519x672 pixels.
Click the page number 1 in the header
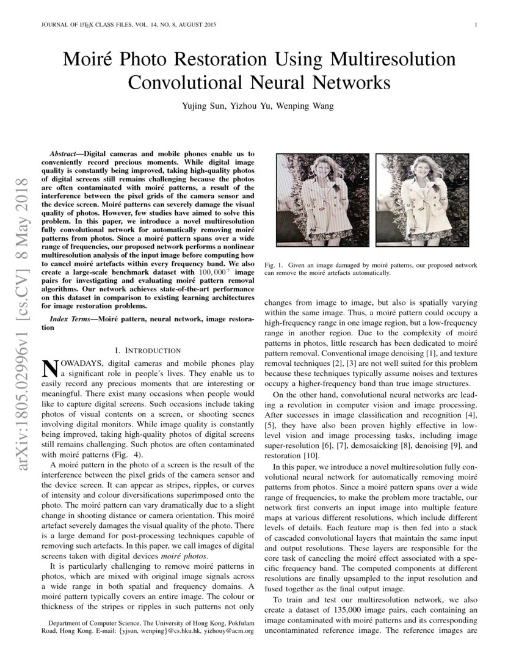[x=475, y=25]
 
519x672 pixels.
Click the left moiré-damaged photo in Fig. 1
[x=322, y=203]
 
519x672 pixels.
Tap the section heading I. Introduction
[x=148, y=350]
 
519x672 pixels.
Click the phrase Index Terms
[x=70, y=319]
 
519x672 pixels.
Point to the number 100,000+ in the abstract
[x=212, y=271]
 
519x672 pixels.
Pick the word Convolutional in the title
[x=186, y=82]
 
